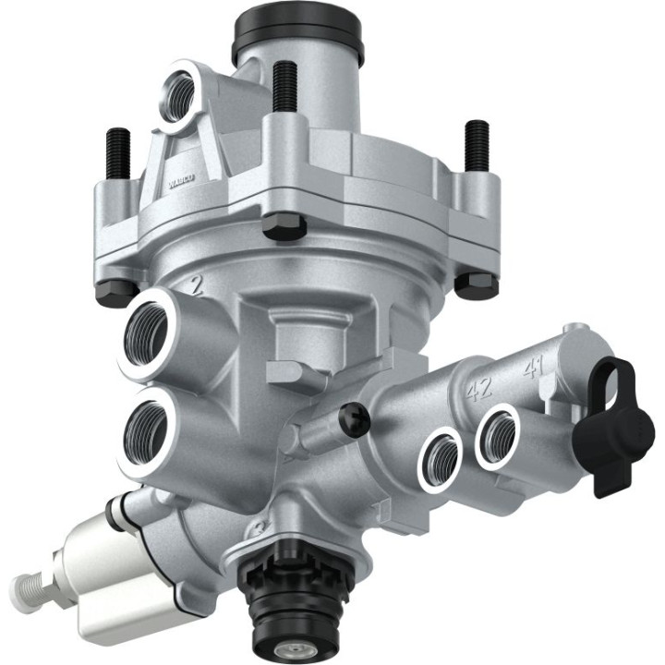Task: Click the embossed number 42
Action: point(478,389)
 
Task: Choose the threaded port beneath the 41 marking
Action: point(498,433)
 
